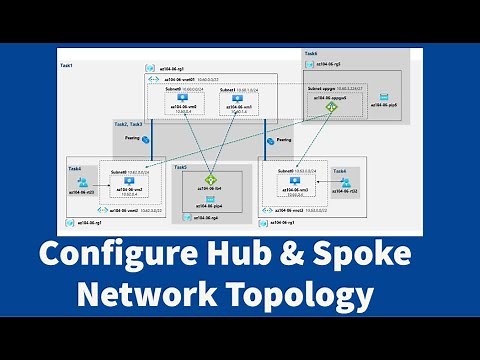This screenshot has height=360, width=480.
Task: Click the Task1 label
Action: tap(67, 65)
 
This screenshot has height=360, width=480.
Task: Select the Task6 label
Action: tap(311, 53)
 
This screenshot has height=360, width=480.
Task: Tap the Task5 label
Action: tap(180, 168)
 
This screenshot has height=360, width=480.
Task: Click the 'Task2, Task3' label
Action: tap(128, 124)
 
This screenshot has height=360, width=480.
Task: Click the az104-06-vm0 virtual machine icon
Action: tap(184, 97)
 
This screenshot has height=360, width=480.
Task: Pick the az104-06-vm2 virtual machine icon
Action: tap(127, 178)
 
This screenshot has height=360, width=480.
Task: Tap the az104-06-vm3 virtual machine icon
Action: tap(295, 178)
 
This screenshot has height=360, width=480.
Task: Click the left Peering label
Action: tap(131, 138)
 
